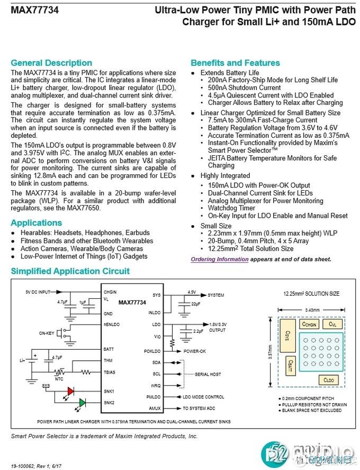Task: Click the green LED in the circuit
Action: pyautogui.click(x=82, y=403)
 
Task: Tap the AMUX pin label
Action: pyautogui.click(x=155, y=409)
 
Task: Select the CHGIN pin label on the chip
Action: pyautogui.click(x=110, y=292)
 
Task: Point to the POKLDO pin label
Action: pyautogui.click(x=152, y=351)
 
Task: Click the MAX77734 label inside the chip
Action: pyautogui.click(x=132, y=303)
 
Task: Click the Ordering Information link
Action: pyautogui.click(x=219, y=259)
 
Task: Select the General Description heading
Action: pyautogui.click(x=51, y=63)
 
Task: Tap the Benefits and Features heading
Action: pyautogui.click(x=235, y=63)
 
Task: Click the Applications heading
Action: pyautogui.click(x=37, y=223)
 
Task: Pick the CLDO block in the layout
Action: pyautogui.click(x=328, y=380)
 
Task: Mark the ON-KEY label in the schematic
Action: pyautogui.click(x=47, y=334)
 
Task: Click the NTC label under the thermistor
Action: pyautogui.click(x=59, y=378)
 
